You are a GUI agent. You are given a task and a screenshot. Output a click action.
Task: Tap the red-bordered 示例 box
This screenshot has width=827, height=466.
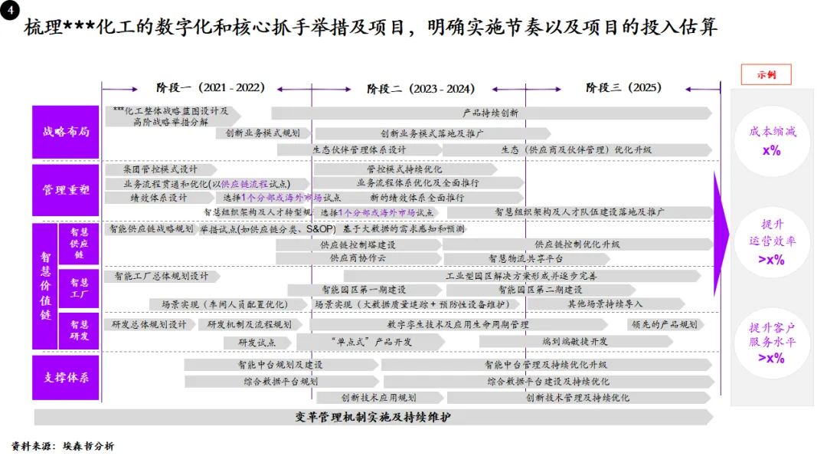pyautogui.click(x=766, y=74)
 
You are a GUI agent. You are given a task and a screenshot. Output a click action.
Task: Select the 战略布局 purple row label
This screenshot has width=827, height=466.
pyautogui.click(x=66, y=132)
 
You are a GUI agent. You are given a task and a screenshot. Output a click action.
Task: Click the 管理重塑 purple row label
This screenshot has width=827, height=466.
pyautogui.click(x=66, y=189)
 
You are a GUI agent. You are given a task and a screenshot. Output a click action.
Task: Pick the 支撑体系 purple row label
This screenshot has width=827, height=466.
pyautogui.click(x=66, y=378)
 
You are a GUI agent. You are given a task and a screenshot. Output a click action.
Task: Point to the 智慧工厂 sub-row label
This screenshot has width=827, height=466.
pyautogui.click(x=79, y=287)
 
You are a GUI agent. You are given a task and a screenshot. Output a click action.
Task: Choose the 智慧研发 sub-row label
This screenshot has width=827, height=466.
pyautogui.click(x=79, y=330)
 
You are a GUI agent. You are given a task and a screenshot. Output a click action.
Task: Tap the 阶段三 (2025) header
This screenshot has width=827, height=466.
pyautogui.click(x=623, y=87)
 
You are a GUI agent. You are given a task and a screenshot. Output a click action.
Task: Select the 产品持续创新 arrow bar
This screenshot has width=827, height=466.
pyautogui.click(x=490, y=113)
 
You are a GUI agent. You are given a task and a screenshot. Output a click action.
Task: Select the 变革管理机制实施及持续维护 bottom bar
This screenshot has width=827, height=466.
pyautogui.click(x=373, y=417)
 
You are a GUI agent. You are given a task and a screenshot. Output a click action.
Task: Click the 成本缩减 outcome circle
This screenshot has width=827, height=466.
pyautogui.click(x=772, y=141)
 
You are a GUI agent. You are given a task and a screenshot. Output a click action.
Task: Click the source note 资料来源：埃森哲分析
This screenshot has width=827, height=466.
pyautogui.click(x=63, y=446)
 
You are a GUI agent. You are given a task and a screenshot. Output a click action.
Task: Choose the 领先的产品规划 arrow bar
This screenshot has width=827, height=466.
pyautogui.click(x=663, y=325)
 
